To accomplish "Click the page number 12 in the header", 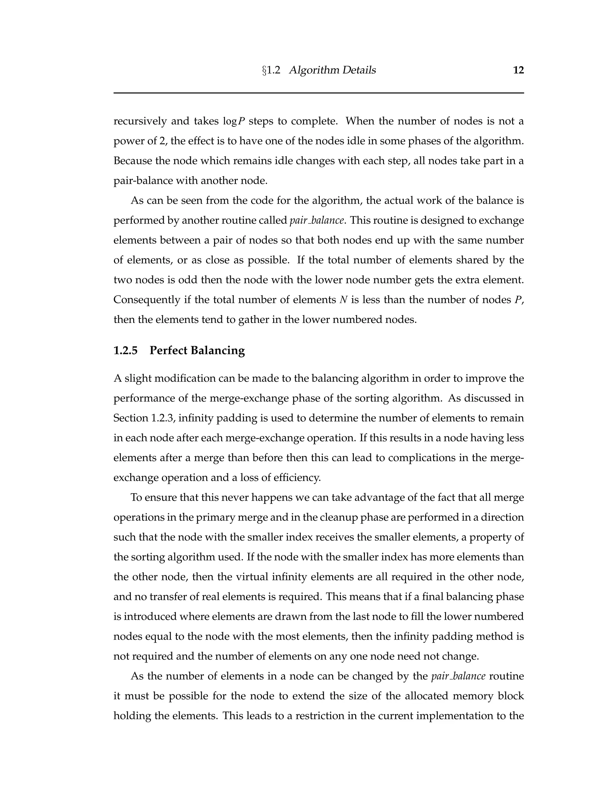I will pyautogui.click(x=518, y=70).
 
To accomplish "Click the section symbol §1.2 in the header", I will pyautogui.click(x=271, y=70).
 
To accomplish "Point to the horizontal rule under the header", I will pyautogui.click(x=318, y=93).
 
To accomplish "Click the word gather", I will pyautogui.click(x=251, y=320).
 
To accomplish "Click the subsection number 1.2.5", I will pyautogui.click(x=125, y=350).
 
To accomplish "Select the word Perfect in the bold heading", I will pyautogui.click(x=168, y=350).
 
